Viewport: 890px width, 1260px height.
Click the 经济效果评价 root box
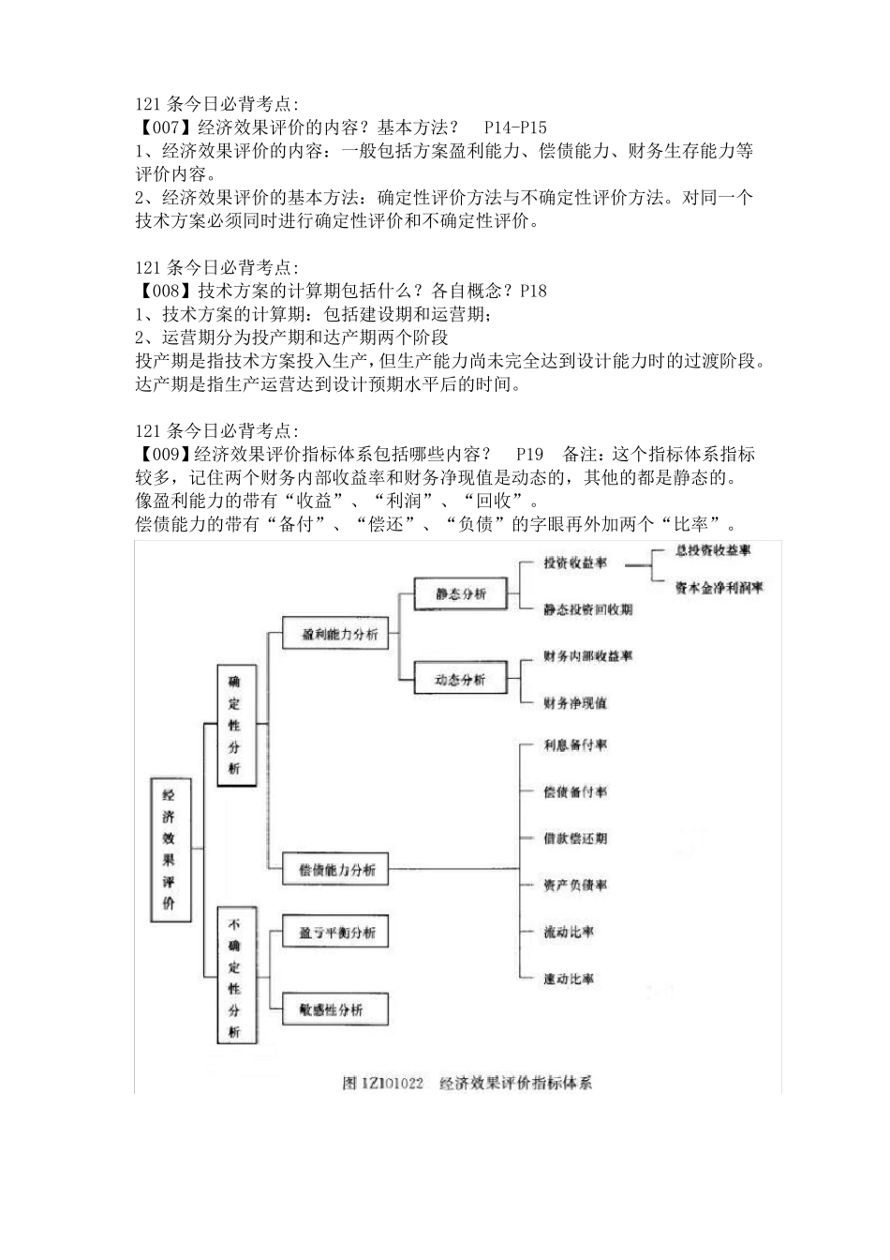[x=170, y=848]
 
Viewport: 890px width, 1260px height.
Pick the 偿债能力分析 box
[x=336, y=870]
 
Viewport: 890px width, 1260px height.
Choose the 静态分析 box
[x=461, y=593]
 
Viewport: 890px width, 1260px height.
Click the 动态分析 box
[x=461, y=680]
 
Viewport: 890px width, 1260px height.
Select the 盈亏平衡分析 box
[x=336, y=933]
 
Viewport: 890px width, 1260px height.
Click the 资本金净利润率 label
[x=719, y=588]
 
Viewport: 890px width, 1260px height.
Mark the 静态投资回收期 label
[x=587, y=609]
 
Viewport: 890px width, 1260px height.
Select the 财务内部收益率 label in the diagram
[x=587, y=655]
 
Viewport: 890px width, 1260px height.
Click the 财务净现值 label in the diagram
[x=574, y=702]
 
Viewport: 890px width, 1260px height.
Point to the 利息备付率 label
[x=574, y=745]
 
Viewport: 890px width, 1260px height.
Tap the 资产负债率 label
[x=574, y=885]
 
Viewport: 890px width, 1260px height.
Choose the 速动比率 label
[x=568, y=979]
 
